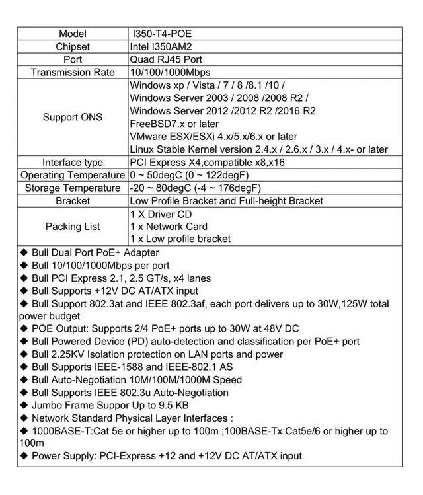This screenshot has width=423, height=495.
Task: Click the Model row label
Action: pos(73,34)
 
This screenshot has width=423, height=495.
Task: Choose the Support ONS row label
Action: pos(73,117)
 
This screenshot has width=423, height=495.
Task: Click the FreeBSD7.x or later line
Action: pos(174,124)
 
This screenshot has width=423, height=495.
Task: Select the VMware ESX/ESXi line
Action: pos(213,136)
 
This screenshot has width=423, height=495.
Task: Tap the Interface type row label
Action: pos(73,163)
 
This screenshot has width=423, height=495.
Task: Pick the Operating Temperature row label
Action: pos(73,175)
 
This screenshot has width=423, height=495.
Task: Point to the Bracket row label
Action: pos(73,200)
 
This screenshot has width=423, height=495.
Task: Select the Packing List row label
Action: pos(73,226)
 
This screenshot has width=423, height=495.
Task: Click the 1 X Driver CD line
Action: pos(161,213)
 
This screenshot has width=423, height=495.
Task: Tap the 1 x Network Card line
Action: pos(169,226)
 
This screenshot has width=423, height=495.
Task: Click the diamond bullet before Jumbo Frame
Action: pos(24,405)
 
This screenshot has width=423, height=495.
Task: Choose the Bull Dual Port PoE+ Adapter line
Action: pos(95,252)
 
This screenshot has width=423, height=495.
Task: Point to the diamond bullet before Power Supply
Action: pos(24,456)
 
